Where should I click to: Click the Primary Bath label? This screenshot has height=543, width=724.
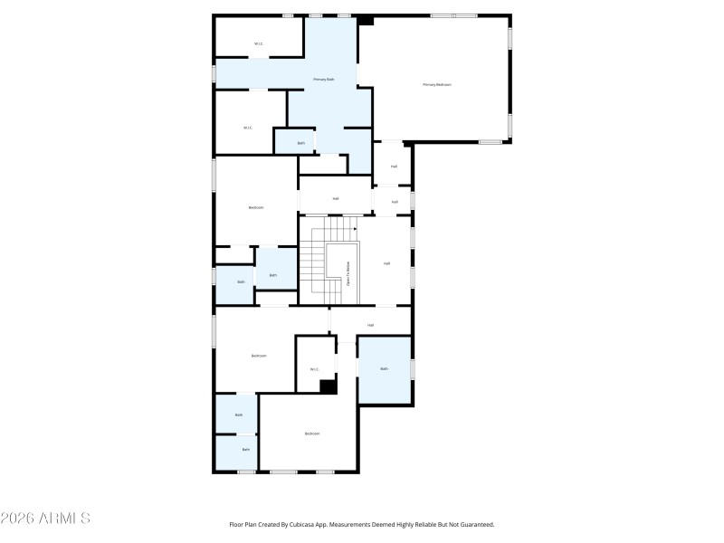(x=323, y=80)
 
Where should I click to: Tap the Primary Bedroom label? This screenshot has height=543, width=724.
(x=436, y=85)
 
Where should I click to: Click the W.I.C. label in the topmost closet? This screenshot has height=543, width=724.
(x=258, y=43)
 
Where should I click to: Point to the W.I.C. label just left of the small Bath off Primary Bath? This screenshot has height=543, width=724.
(x=247, y=128)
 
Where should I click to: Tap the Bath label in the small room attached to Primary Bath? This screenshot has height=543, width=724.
(x=301, y=143)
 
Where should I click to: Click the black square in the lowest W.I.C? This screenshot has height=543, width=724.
(x=329, y=386)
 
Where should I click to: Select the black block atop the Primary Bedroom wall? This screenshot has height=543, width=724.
(x=366, y=21)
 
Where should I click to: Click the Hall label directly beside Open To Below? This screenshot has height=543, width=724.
(x=386, y=263)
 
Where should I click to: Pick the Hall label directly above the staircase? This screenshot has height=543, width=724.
(x=336, y=198)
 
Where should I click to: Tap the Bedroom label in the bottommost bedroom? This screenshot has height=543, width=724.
(x=312, y=433)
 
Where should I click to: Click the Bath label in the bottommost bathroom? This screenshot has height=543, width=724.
(x=245, y=449)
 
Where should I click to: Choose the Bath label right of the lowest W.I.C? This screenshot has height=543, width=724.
(x=384, y=368)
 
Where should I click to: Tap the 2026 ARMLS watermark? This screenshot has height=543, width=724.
(x=45, y=519)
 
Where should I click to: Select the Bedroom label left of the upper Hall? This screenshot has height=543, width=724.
(x=256, y=207)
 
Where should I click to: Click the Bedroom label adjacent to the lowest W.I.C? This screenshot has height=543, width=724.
(x=259, y=356)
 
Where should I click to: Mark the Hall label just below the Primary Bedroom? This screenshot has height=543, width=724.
(x=394, y=167)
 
